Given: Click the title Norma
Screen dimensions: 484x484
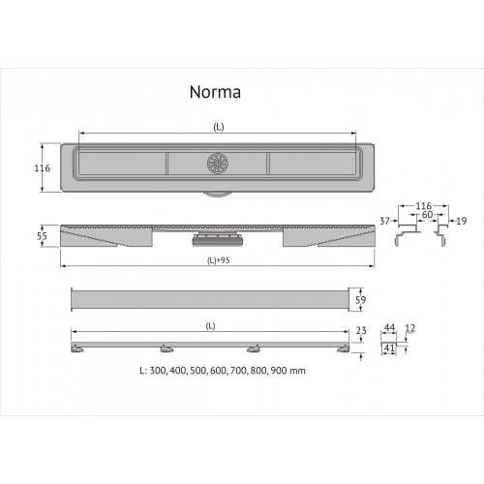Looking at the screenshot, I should [214, 93].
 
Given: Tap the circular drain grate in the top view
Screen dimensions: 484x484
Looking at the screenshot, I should [217, 163].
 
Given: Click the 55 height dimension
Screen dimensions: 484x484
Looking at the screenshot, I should [42, 236].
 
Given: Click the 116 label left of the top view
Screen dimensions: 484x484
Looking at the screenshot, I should [42, 168].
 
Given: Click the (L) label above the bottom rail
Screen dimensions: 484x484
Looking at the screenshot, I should [210, 326].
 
